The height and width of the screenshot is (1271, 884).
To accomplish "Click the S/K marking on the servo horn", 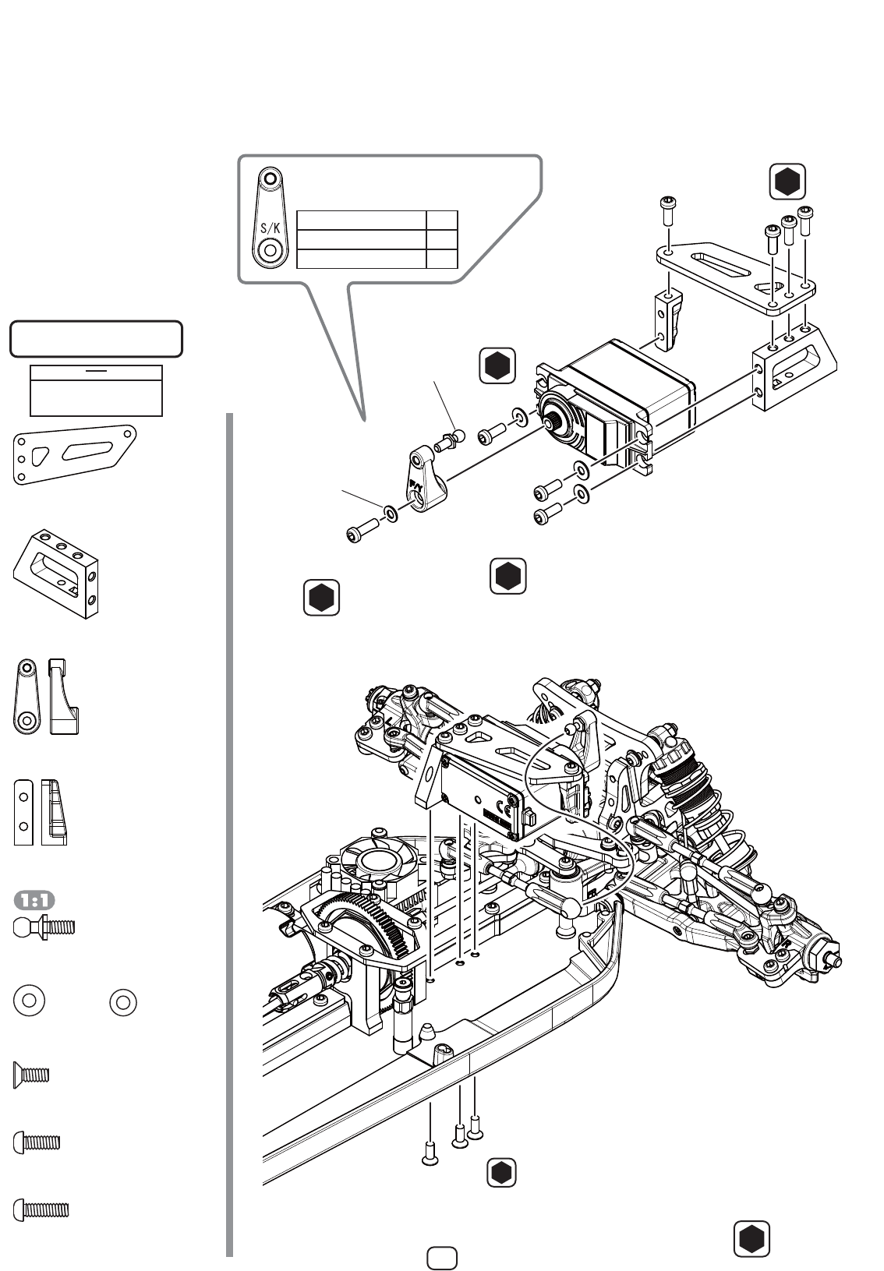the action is (x=271, y=228).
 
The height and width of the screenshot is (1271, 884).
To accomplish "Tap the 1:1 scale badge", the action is (x=34, y=900).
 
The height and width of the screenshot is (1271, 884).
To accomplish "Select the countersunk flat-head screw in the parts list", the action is (x=31, y=1075).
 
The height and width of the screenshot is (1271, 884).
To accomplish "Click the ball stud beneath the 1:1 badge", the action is (x=44, y=927).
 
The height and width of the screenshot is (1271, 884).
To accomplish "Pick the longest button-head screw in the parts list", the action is (x=41, y=1210).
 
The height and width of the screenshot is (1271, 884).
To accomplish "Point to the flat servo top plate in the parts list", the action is (x=74, y=454).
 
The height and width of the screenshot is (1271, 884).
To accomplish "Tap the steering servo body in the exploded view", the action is (x=616, y=406).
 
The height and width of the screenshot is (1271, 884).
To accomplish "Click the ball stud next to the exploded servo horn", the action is (x=450, y=440).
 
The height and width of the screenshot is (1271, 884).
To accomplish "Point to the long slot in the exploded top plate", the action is (x=720, y=264).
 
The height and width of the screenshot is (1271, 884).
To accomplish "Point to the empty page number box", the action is (x=442, y=1258).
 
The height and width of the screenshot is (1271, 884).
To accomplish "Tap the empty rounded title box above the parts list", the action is (x=96, y=339).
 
